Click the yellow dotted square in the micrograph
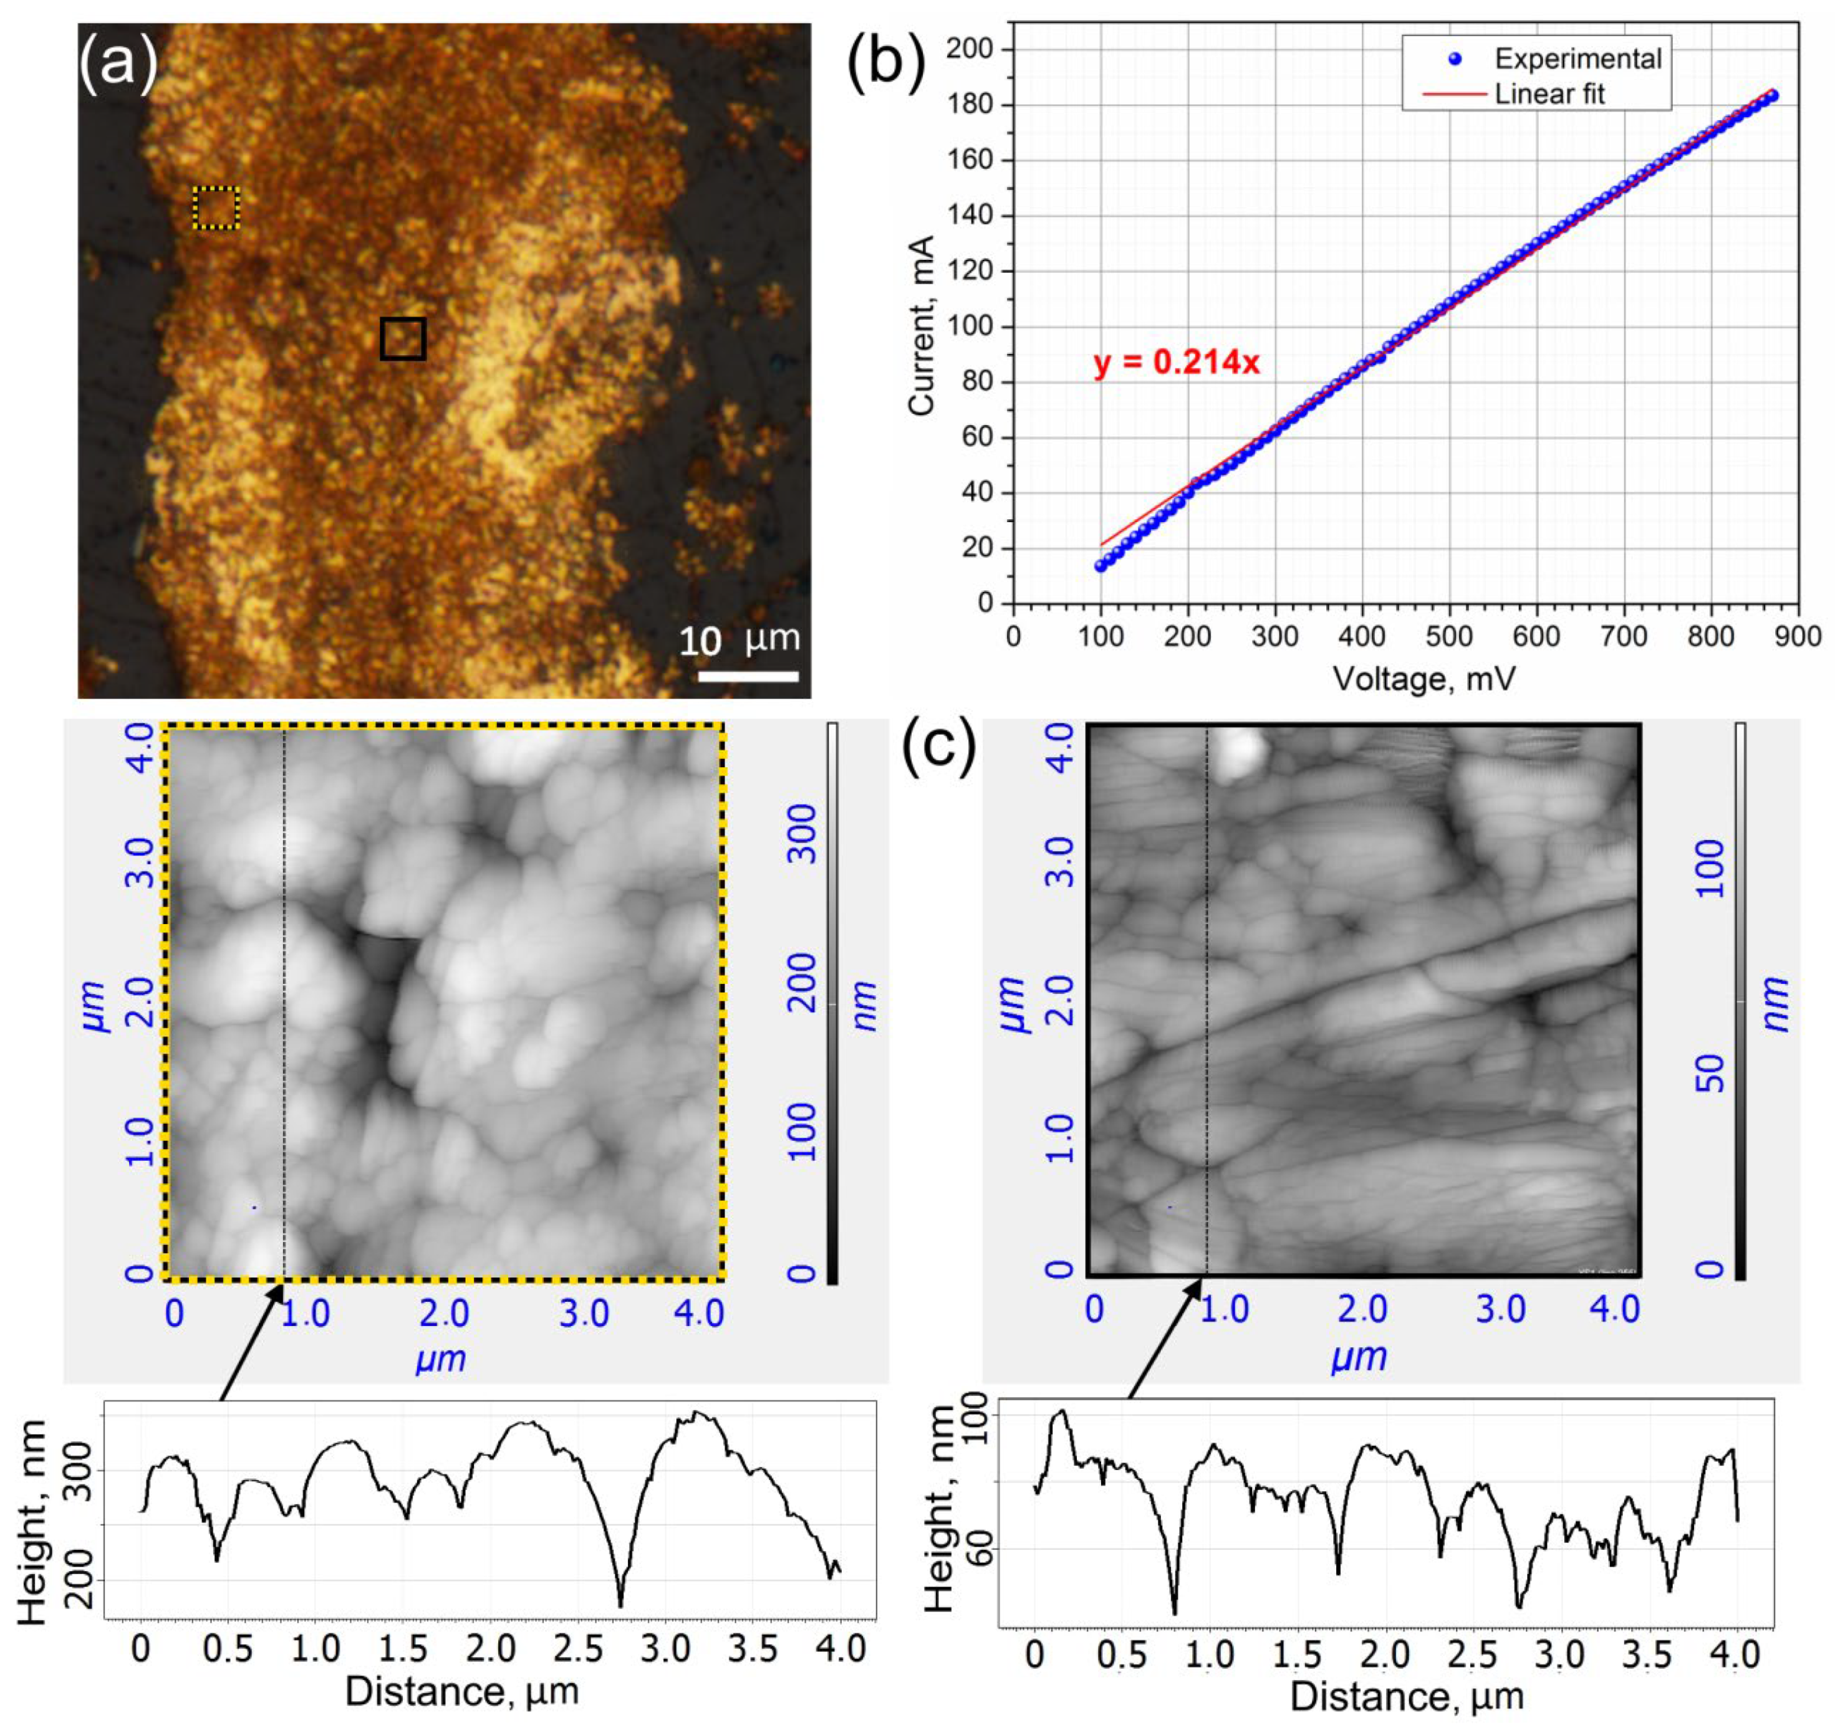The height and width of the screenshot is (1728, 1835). [216, 209]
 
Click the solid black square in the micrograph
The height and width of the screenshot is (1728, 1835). [403, 338]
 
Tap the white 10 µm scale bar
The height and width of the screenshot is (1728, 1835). [748, 676]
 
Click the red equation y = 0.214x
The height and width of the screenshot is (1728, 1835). [1176, 363]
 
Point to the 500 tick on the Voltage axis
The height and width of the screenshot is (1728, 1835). [1449, 637]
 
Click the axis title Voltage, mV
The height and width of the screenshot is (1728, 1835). [1423, 679]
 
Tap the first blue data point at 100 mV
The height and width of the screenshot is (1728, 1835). [1101, 566]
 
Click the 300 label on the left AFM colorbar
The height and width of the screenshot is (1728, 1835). [806, 832]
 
